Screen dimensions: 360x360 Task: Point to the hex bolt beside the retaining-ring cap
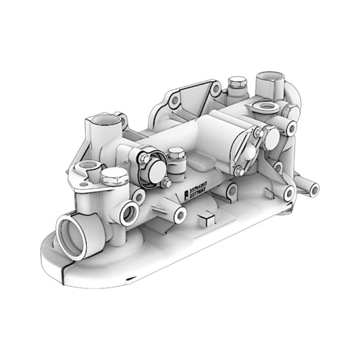(x=176, y=157)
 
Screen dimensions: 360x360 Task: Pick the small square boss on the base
(x=206, y=218)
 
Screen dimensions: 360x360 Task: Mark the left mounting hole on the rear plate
(x=174, y=101)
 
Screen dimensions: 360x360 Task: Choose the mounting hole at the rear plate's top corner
(x=215, y=88)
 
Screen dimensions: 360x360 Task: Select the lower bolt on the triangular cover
(x=238, y=170)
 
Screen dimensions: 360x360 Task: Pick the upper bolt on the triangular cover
(x=257, y=133)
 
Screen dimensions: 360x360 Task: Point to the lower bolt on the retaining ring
(x=165, y=183)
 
